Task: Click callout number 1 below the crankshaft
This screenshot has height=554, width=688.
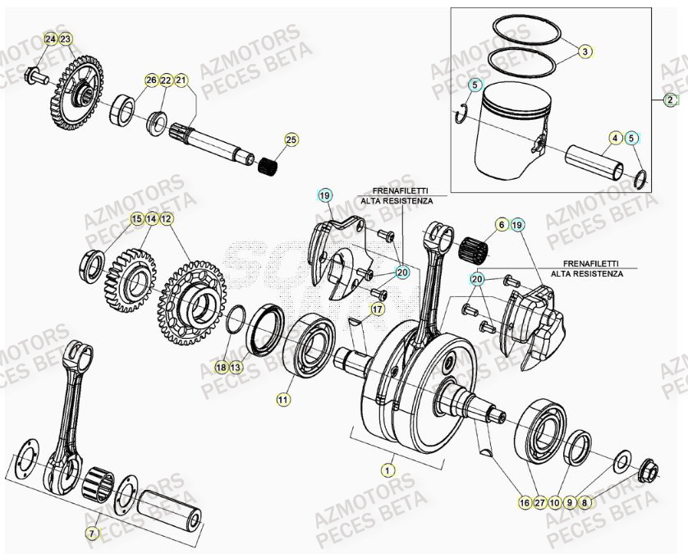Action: click(x=387, y=470)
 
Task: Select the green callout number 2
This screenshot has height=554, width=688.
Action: click(x=671, y=99)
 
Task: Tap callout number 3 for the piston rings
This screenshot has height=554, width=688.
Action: click(x=585, y=51)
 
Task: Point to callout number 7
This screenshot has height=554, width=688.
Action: click(x=92, y=533)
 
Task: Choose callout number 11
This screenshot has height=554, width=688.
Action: click(x=282, y=400)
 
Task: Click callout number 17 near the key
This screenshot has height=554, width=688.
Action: click(x=377, y=309)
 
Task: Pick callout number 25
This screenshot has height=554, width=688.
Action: click(x=289, y=140)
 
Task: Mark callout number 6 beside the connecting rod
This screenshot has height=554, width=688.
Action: click(x=501, y=224)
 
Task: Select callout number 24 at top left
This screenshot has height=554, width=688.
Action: click(x=51, y=39)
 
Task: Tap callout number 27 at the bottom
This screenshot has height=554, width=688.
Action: click(x=539, y=502)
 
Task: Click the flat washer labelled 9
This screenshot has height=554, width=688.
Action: click(x=621, y=456)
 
